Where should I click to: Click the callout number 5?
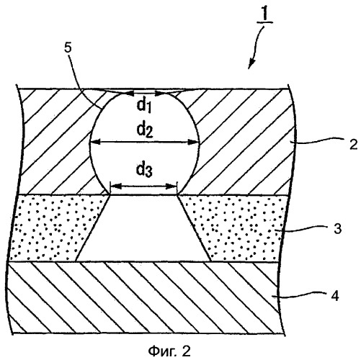pyautogui.click(x=68, y=48)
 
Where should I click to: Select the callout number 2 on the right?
pyautogui.click(x=353, y=145)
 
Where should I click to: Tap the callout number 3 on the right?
pyautogui.click(x=337, y=229)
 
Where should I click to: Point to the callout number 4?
pyautogui.click(x=335, y=295)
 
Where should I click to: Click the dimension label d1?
pyautogui.click(x=144, y=106)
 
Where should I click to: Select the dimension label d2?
pyautogui.click(x=145, y=130)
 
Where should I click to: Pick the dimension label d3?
pyautogui.click(x=144, y=170)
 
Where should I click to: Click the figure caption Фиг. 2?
pyautogui.click(x=169, y=351)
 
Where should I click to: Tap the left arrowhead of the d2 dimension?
pyautogui.click(x=94, y=143)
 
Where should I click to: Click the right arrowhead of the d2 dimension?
pyautogui.click(x=195, y=143)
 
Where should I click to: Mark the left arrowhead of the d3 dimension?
pyautogui.click(x=115, y=186)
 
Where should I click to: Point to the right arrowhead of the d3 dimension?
pyautogui.click(x=171, y=186)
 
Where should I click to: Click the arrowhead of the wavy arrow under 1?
pyautogui.click(x=250, y=65)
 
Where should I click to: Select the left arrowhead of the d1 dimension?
pyautogui.click(x=129, y=94)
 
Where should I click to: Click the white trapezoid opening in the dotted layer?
pyautogui.click(x=143, y=228)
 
